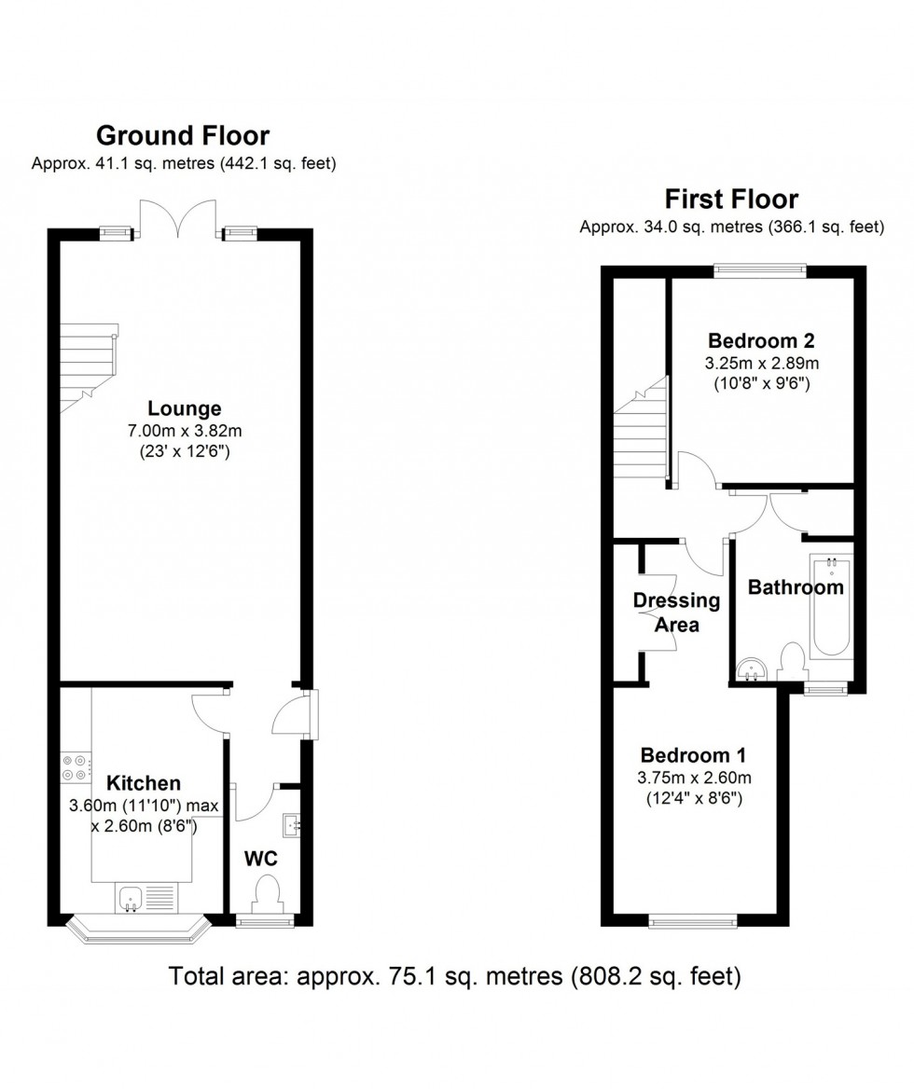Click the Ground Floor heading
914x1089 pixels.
click(183, 136)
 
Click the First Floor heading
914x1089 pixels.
click(730, 200)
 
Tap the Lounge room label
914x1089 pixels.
click(184, 408)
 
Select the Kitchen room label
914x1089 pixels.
click(143, 783)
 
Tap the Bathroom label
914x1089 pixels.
click(795, 587)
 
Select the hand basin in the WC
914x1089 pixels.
click(292, 825)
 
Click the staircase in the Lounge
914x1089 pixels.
click(90, 364)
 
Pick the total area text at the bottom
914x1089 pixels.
click(455, 977)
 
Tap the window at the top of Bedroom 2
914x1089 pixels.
click(759, 270)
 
